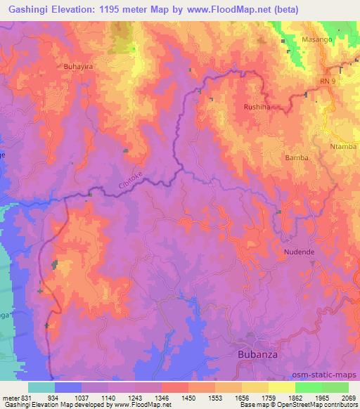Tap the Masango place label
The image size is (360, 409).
click(x=316, y=40)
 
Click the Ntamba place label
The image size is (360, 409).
click(x=344, y=146)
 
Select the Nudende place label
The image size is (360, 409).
click(x=299, y=251)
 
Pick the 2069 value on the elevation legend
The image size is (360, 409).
click(x=349, y=398)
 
